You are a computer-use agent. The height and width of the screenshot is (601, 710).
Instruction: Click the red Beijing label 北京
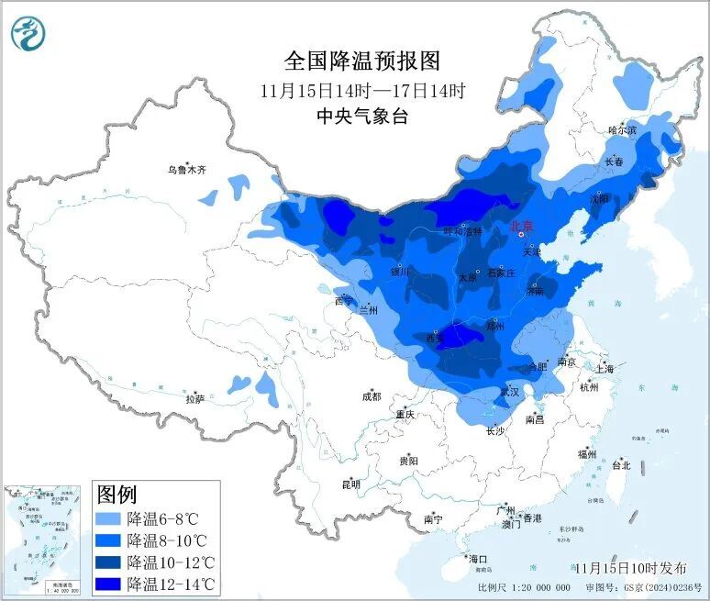(521, 224)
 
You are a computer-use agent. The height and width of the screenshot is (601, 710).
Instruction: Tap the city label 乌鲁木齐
(186, 170)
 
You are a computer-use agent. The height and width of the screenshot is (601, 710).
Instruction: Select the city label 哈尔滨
(622, 131)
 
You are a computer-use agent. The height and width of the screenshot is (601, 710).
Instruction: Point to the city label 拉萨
(194, 399)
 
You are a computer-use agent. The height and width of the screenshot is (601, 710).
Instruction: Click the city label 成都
(371, 396)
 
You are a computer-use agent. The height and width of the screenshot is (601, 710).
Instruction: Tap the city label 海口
(478, 559)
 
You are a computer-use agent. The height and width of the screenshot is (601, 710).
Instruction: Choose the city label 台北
(621, 465)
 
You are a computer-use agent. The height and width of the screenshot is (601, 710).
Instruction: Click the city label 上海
(605, 369)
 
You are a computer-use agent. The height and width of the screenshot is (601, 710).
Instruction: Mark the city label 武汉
(509, 392)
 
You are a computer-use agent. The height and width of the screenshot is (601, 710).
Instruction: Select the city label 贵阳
(408, 460)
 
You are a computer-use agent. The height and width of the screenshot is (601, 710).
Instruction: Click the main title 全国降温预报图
(362, 61)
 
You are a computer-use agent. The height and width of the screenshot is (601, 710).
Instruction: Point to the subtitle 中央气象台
(362, 117)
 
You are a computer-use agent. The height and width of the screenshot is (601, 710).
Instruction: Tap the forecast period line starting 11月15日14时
(362, 90)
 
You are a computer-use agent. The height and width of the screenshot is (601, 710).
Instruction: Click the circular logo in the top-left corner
(28, 33)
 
